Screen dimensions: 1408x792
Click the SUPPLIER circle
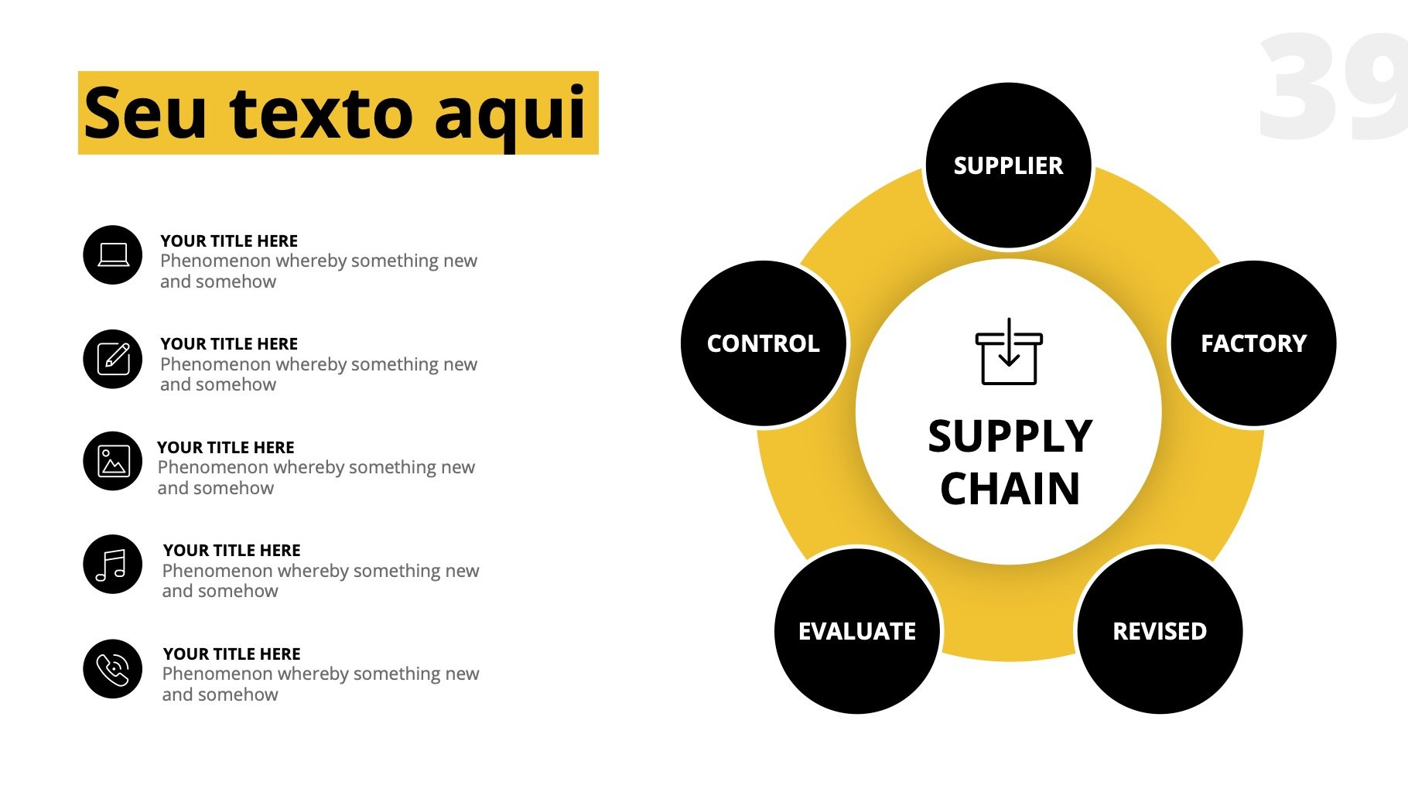tap(1009, 166)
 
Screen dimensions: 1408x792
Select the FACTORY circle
tap(1253, 343)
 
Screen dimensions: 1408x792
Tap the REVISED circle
tap(1160, 631)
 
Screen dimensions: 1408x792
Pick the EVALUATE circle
tap(857, 631)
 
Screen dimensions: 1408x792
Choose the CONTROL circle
tap(764, 343)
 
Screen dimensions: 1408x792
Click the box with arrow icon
tap(1009, 351)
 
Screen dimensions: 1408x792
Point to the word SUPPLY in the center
tap(1010, 436)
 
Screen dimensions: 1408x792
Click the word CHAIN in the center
tap(1010, 489)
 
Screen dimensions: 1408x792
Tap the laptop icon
tap(113, 255)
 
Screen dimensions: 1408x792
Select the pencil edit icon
tap(113, 359)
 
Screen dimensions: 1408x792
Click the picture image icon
tap(113, 462)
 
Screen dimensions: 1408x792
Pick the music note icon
tap(113, 565)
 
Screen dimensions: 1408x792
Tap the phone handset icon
tap(113, 669)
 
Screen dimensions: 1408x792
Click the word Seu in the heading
tap(145, 113)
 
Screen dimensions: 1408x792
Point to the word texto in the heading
tap(321, 113)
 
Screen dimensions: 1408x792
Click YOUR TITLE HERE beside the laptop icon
tap(229, 241)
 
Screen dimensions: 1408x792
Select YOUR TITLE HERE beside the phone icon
tap(232, 654)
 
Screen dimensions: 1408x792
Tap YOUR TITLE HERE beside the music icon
tap(232, 551)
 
